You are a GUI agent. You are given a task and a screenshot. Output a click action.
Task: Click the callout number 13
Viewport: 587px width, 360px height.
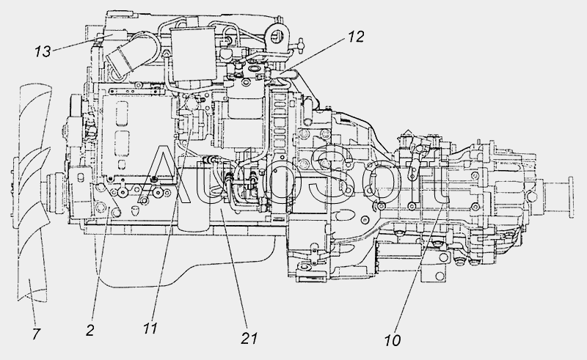(43, 51)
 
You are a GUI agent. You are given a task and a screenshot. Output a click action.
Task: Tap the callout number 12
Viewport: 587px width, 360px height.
(356, 37)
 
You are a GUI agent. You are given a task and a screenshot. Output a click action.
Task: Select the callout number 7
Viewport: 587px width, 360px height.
(36, 334)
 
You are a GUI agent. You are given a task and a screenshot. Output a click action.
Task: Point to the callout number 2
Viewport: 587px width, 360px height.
(90, 331)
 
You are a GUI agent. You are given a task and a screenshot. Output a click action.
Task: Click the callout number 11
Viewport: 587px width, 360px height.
(150, 329)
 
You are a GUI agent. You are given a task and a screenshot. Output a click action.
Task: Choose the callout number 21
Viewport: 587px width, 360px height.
(249, 338)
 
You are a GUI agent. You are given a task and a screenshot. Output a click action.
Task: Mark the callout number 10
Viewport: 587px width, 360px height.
(393, 340)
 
